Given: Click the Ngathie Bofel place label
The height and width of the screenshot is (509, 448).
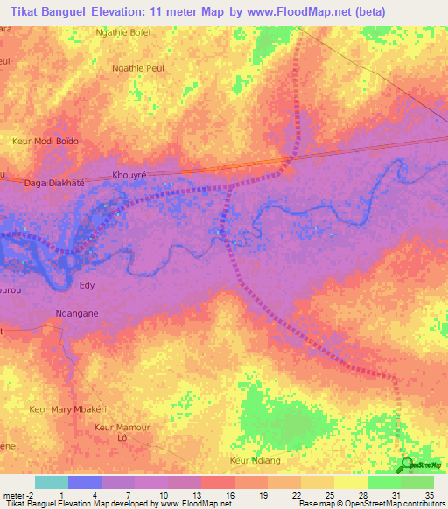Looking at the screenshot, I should [x=122, y=32].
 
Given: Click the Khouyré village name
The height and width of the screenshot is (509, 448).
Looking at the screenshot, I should [x=129, y=175].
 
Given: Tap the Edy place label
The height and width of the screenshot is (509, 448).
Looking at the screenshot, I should [x=87, y=285].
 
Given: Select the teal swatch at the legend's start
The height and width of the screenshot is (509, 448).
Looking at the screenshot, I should [x=51, y=482].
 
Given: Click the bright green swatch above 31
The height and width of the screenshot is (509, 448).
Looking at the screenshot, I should [x=383, y=482].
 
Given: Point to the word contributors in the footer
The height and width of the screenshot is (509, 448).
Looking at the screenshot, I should [x=424, y=504].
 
